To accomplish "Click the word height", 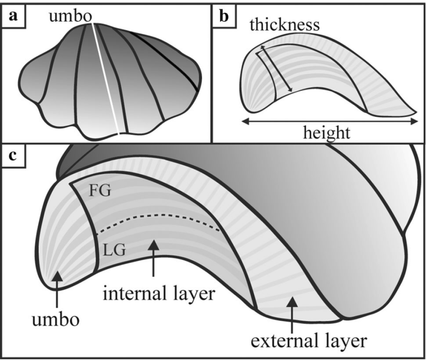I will click(327, 134).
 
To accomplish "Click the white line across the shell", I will click(107, 79).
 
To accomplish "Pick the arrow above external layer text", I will click(293, 313).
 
